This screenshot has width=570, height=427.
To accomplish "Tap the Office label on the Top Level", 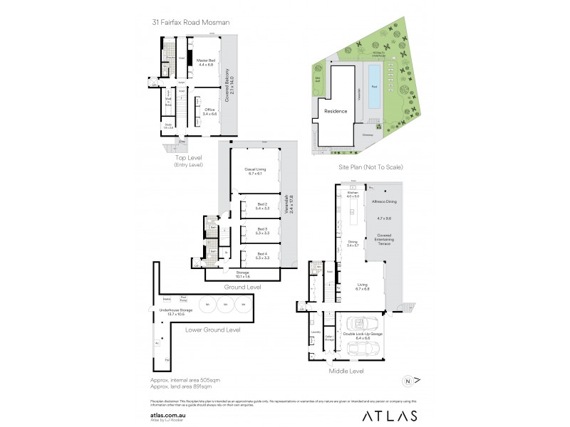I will point(209,111).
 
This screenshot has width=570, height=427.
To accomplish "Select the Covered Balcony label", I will point(227,87).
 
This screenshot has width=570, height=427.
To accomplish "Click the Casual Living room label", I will point(257,170).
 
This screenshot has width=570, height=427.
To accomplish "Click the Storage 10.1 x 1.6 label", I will point(243,273).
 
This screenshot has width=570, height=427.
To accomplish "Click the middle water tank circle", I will point(225,305).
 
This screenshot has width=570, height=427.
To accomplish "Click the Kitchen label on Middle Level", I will point(351,194).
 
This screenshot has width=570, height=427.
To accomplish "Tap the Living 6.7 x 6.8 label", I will point(362,287).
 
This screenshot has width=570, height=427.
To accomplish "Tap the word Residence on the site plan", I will point(336,112).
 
